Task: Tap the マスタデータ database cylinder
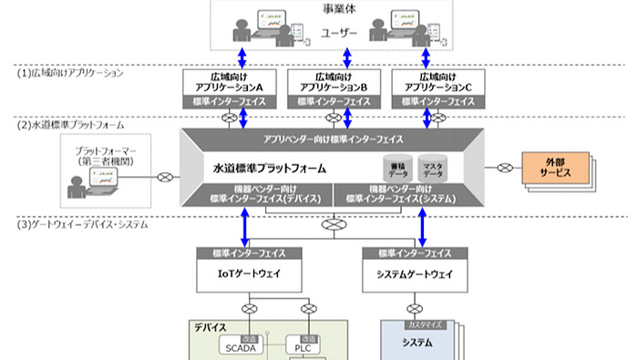click(x=429, y=169)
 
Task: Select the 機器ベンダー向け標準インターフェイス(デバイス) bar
click(x=259, y=195)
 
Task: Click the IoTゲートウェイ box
click(x=242, y=273)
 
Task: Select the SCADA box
click(x=239, y=346)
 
